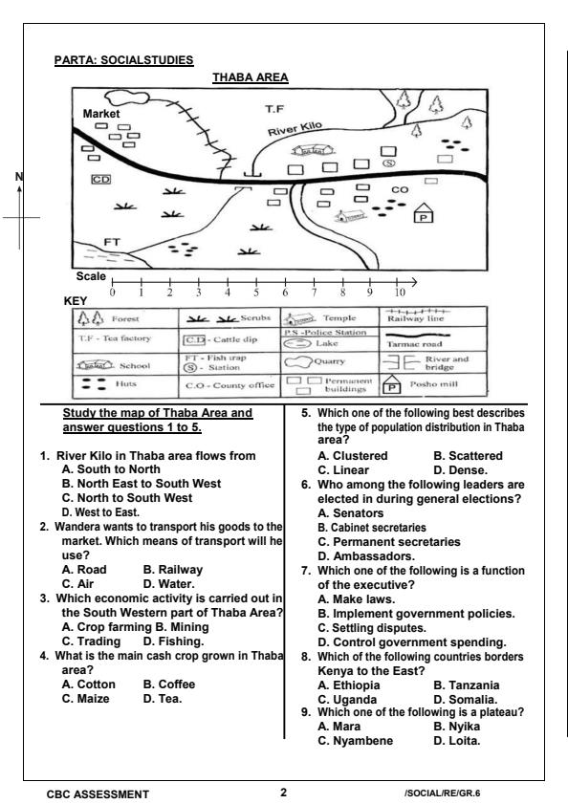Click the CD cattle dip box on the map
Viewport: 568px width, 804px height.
click(x=99, y=179)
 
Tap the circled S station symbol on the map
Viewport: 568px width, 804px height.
click(x=389, y=163)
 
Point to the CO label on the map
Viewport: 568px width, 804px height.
click(x=400, y=190)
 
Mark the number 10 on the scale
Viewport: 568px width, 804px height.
click(x=400, y=293)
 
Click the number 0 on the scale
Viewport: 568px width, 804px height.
click(x=113, y=293)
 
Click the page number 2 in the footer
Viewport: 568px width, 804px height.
click(x=283, y=793)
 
